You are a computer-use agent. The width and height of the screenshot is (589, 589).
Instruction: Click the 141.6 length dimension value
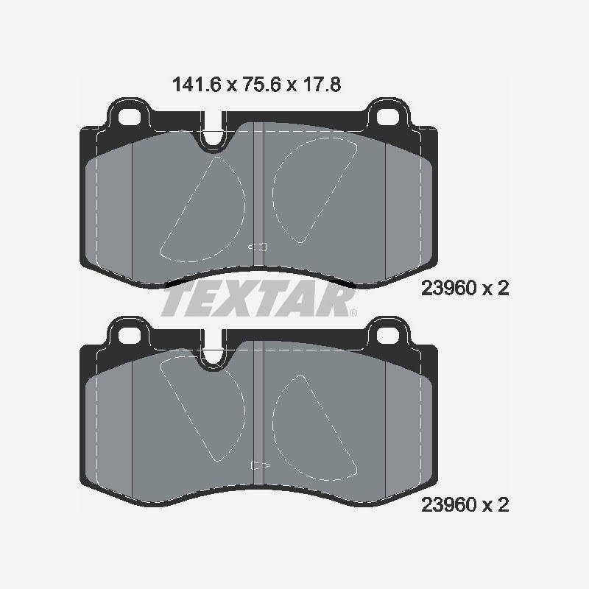click(x=197, y=85)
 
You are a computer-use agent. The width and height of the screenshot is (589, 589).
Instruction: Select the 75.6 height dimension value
click(x=262, y=85)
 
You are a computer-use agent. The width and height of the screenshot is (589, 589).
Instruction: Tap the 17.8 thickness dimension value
click(x=322, y=85)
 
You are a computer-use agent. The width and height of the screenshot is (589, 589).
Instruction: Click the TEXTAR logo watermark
click(x=259, y=299)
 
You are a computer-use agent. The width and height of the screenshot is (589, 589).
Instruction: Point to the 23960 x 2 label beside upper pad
click(x=465, y=289)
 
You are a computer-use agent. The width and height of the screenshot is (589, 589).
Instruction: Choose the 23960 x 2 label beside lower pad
click(x=465, y=505)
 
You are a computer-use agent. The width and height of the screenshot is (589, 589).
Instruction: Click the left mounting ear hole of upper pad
click(x=130, y=117)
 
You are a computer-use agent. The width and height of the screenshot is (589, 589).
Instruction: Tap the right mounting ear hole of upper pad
click(x=388, y=117)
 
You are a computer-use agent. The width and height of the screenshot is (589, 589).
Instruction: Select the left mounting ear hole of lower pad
click(x=130, y=336)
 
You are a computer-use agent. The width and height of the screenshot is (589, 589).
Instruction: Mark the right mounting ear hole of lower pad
click(x=388, y=336)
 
